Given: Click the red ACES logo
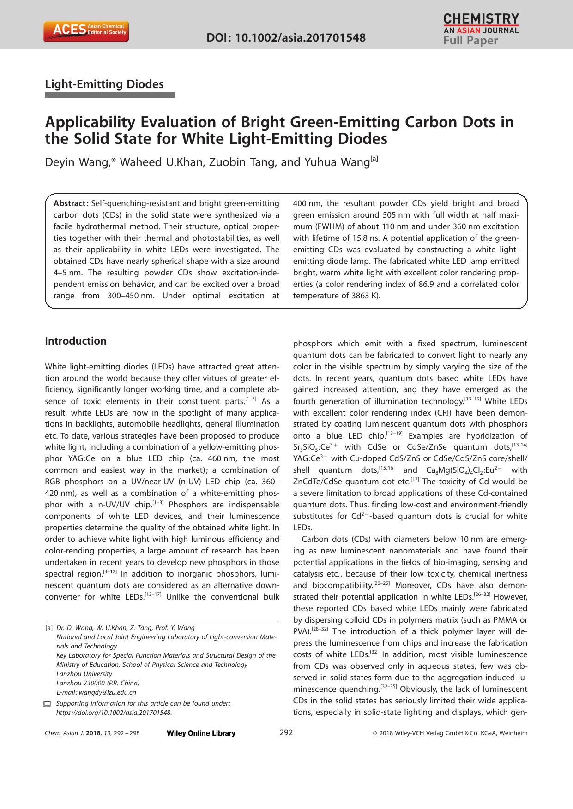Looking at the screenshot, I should [86, 31].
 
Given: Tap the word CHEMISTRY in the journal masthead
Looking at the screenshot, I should [481, 18].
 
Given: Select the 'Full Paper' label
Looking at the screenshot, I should [470, 41].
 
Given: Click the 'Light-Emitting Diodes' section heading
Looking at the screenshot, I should [104, 84].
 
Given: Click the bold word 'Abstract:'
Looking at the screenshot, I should [71, 203].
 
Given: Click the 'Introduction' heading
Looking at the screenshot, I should [76, 341].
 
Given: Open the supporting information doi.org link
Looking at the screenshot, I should [114, 713].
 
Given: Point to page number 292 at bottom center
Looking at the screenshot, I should [286, 732].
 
